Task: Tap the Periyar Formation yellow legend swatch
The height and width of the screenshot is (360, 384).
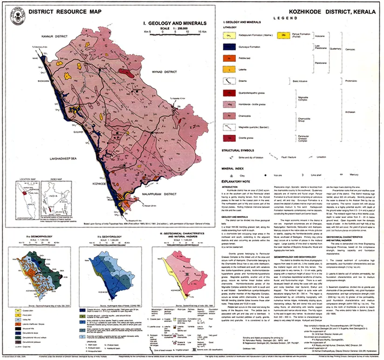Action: pyautogui.click(x=284, y=35)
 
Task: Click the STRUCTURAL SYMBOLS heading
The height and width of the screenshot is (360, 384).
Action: pyautogui.click(x=240, y=151)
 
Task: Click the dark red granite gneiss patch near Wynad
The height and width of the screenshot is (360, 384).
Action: pyautogui.click(x=124, y=72)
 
